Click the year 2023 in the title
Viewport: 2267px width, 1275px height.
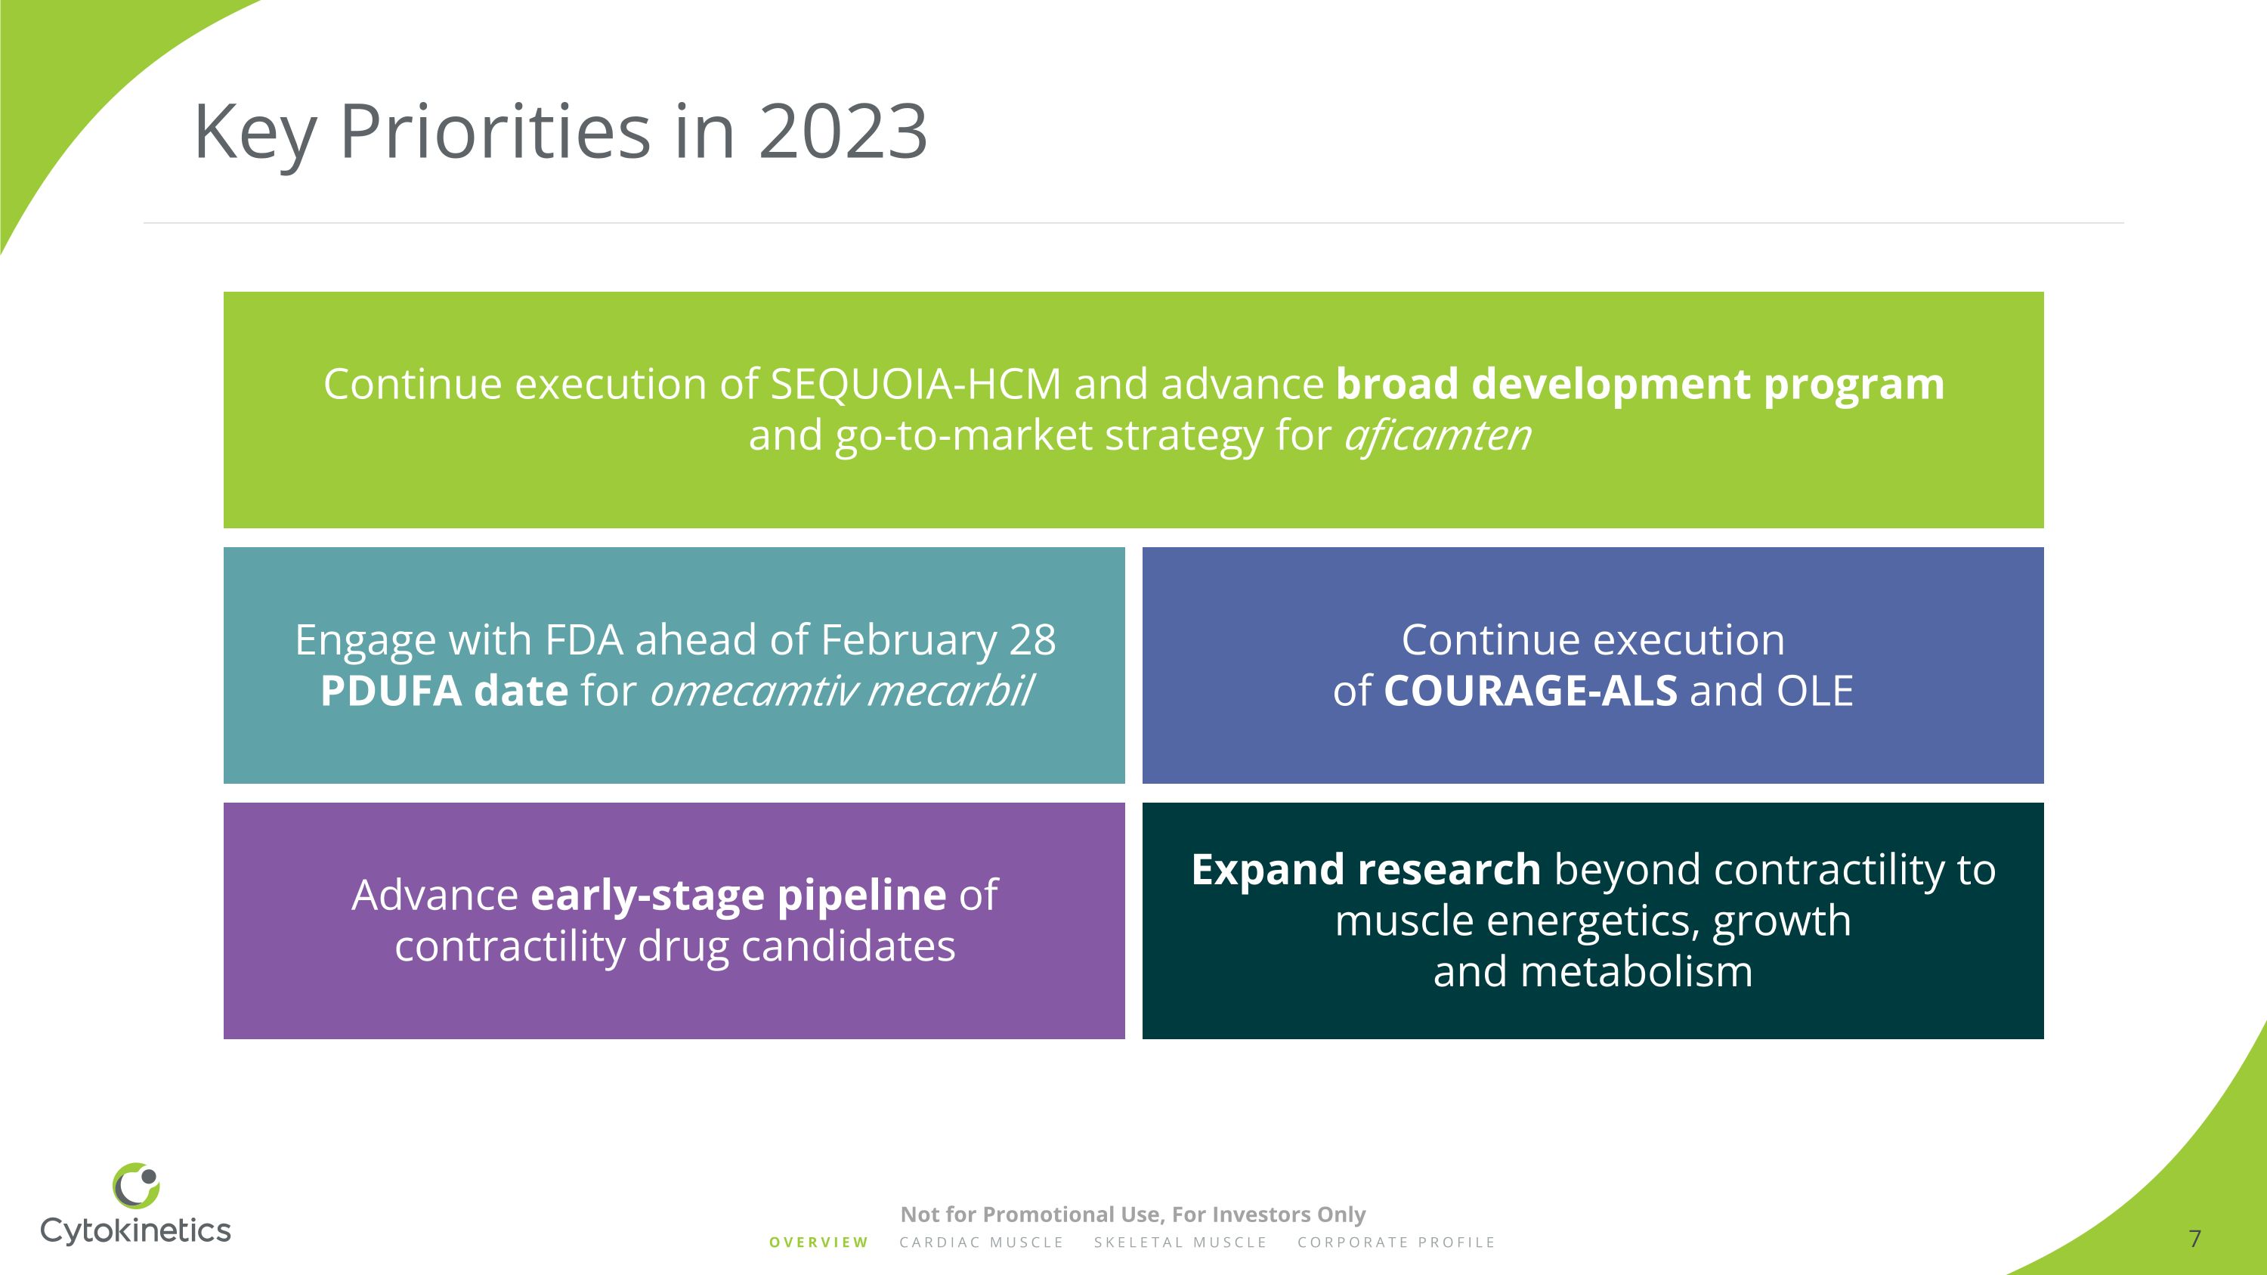pyautogui.click(x=843, y=132)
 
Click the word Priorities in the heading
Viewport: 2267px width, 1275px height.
pyautogui.click(x=495, y=132)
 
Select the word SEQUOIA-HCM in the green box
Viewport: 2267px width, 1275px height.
pyautogui.click(x=915, y=385)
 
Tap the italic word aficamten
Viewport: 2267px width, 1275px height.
pyautogui.click(x=1437, y=435)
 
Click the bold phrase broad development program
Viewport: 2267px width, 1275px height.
pyautogui.click(x=1640, y=385)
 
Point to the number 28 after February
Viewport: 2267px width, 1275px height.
pyautogui.click(x=1032, y=639)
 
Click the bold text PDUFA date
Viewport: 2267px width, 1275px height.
pyautogui.click(x=444, y=691)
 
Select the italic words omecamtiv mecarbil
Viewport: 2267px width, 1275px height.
pyautogui.click(x=840, y=691)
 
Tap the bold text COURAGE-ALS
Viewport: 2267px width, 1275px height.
pyautogui.click(x=1529, y=691)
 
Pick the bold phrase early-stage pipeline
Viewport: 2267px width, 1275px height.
pyautogui.click(x=738, y=895)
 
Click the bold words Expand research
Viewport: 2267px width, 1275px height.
pyautogui.click(x=1365, y=869)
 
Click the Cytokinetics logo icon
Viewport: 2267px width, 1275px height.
pyautogui.click(x=137, y=1185)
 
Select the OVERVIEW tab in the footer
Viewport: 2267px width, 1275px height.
pyautogui.click(x=818, y=1243)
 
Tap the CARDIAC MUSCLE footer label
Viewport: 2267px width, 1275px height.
pyautogui.click(x=982, y=1243)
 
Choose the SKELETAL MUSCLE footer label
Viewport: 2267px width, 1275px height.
pyautogui.click(x=1180, y=1243)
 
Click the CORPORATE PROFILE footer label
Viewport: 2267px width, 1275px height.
pyautogui.click(x=1396, y=1243)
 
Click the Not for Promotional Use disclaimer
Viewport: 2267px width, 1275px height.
pyautogui.click(x=1133, y=1215)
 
